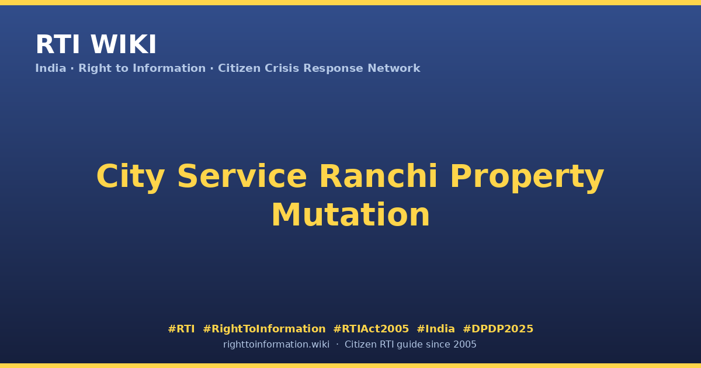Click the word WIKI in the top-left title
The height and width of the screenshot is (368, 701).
pos(123,44)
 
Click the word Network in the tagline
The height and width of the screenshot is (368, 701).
pos(394,68)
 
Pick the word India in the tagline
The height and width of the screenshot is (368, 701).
pos(51,68)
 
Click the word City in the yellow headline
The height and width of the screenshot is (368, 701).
pos(130,177)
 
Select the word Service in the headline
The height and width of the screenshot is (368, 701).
pos(242,176)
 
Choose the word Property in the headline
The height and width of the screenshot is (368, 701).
pos(527,177)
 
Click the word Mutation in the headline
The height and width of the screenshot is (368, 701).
pos(350,215)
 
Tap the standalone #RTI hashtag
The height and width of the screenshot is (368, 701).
pos(181,329)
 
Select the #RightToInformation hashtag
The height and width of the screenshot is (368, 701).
pos(264,329)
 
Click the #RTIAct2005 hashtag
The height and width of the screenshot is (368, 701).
pos(371,329)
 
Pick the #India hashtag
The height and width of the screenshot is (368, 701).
pos(436,329)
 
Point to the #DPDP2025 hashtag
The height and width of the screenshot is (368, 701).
pos(498,329)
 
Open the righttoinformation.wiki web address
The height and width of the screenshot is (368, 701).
pos(276,345)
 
